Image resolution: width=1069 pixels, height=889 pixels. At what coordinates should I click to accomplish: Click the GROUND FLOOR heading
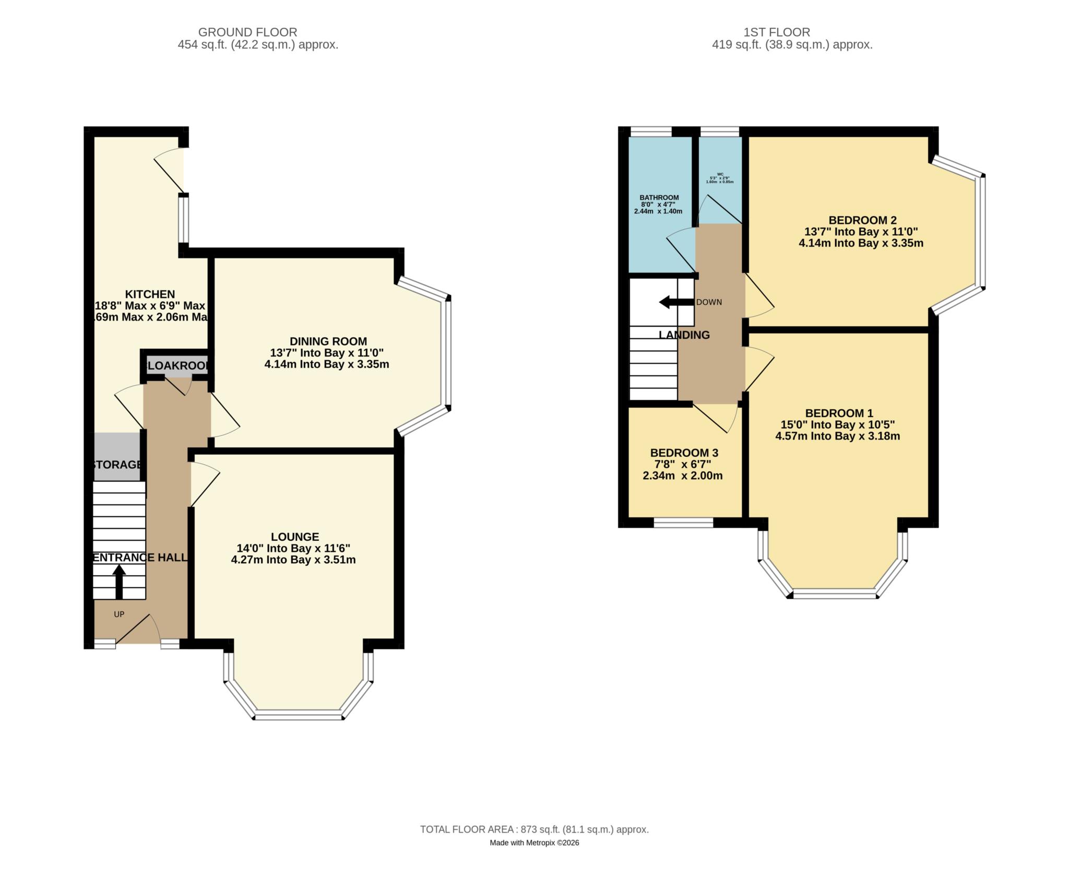click(247, 32)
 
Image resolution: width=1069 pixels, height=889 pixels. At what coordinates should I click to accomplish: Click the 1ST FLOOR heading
click(777, 32)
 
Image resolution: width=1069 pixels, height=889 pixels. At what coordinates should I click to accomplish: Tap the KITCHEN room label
click(150, 294)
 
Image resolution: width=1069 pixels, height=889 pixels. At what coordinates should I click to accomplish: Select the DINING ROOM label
click(328, 341)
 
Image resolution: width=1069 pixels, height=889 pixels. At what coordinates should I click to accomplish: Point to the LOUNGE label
click(295, 537)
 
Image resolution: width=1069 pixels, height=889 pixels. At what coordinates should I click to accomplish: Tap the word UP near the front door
click(119, 614)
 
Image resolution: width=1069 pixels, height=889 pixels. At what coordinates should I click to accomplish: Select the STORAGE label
click(117, 465)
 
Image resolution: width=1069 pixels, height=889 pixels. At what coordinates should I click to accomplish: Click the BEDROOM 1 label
click(839, 413)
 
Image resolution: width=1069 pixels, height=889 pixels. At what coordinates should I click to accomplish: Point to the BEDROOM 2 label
click(862, 220)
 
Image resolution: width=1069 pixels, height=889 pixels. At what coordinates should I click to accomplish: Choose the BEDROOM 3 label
click(684, 453)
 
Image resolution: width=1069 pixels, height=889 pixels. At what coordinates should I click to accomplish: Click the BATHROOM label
click(659, 197)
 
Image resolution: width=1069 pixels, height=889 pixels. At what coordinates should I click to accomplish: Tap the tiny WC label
click(720, 174)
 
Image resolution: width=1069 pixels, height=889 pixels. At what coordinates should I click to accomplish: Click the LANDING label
click(684, 335)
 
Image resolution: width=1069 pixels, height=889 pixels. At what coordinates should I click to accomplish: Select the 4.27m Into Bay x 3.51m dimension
click(293, 560)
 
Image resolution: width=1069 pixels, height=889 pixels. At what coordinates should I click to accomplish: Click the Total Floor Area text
click(534, 829)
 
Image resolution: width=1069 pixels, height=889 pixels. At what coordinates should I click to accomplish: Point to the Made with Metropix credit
click(534, 843)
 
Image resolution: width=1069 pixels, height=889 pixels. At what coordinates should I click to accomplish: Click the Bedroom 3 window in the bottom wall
click(683, 523)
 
